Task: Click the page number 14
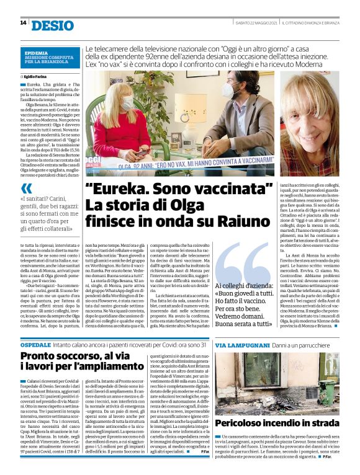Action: click(x=23, y=23)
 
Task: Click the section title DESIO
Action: click(x=52, y=24)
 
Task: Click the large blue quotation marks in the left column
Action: click(x=26, y=188)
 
